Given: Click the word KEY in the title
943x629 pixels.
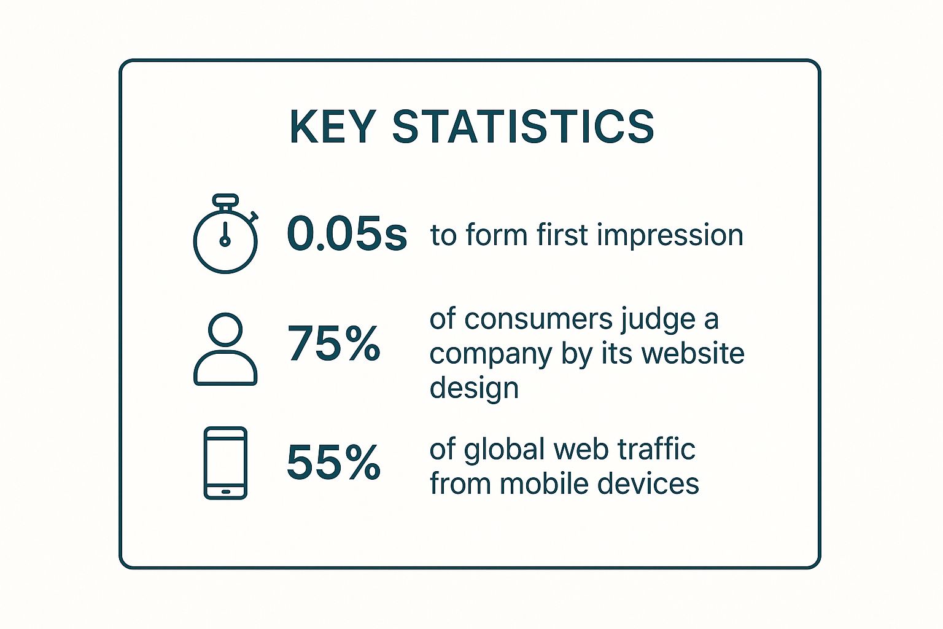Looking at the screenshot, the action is [x=333, y=127].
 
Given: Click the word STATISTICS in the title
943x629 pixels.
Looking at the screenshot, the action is [x=523, y=127].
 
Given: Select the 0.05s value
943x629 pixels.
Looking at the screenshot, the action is [x=347, y=233].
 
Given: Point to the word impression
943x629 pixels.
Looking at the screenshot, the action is [x=670, y=235].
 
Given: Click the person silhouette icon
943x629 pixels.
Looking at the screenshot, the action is [x=226, y=349].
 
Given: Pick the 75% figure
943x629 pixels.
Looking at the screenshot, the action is [x=334, y=343].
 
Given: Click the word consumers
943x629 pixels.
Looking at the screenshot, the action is [x=538, y=320].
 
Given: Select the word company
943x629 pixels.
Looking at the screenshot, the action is [x=491, y=355].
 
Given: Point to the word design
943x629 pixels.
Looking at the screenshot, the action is [x=474, y=388].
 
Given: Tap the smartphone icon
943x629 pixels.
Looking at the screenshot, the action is [x=226, y=463].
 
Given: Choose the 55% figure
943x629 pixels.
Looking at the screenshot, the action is [x=334, y=462].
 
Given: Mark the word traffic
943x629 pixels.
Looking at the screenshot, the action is [x=657, y=448].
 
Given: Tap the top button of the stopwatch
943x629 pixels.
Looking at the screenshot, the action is [x=226, y=199].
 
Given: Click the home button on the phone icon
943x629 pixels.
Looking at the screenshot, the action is [x=226, y=491].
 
